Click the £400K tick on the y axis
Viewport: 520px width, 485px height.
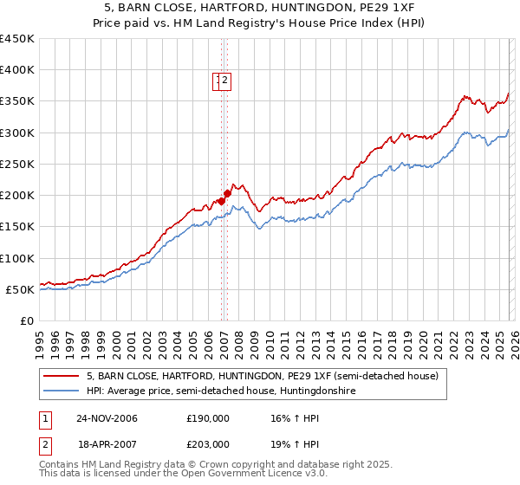(x=17, y=70)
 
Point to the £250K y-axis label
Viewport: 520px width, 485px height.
(x=17, y=164)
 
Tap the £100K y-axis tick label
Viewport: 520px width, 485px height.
(x=17, y=258)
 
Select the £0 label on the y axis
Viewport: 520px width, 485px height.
(x=28, y=321)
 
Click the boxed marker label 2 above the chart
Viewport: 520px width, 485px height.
(x=225, y=81)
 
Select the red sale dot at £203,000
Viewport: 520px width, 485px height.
(x=227, y=194)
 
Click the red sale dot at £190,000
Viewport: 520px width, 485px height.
(x=221, y=202)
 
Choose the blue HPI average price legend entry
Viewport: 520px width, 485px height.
(x=221, y=391)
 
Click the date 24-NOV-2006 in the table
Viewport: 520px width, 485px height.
(x=107, y=417)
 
